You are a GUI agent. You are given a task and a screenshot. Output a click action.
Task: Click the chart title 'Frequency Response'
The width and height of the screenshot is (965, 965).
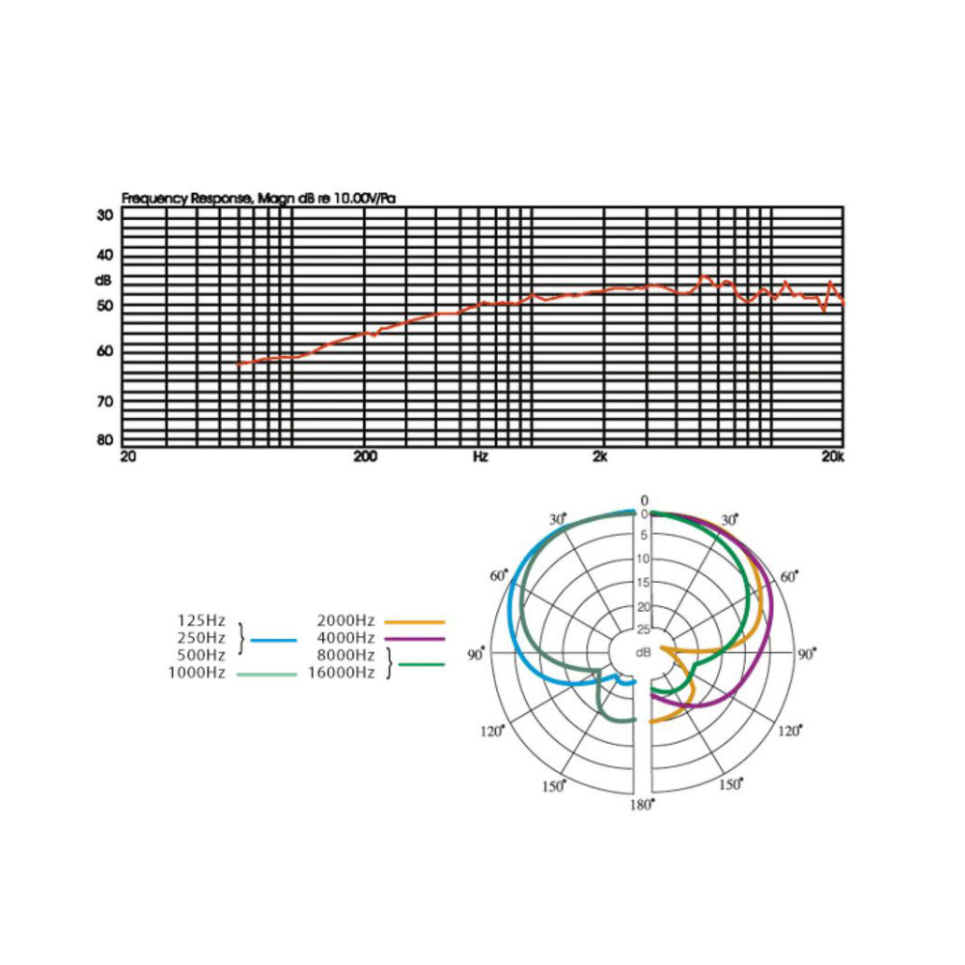(186, 199)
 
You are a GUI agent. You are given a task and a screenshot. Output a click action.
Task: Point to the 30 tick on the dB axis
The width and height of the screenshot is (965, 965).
(104, 215)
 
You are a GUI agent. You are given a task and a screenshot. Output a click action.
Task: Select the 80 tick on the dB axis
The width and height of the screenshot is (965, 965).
(104, 439)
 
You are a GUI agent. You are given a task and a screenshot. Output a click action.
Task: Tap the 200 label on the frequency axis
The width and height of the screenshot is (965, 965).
(365, 456)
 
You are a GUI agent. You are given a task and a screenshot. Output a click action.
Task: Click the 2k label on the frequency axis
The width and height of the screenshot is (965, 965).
(600, 456)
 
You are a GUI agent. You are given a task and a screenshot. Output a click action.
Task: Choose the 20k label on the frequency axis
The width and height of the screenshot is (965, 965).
(833, 456)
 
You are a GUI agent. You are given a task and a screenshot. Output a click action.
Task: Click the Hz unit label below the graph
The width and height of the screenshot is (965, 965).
(480, 456)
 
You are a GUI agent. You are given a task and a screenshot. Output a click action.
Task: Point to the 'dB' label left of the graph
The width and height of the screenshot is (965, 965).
(103, 281)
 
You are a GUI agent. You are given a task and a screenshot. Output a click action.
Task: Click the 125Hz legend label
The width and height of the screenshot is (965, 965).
(202, 620)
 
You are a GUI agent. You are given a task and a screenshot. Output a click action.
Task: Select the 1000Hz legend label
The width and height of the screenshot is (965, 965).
(197, 673)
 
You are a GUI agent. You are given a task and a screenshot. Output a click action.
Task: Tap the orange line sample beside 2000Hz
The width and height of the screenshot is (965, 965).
(414, 622)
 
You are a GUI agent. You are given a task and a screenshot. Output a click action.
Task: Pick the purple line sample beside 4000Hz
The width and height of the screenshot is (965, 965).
(414, 639)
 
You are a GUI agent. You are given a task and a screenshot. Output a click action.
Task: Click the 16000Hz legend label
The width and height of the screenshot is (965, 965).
(342, 673)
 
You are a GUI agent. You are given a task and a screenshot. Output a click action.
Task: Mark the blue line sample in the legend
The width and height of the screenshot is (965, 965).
(274, 640)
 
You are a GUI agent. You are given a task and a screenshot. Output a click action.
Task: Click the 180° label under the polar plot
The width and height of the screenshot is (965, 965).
(642, 805)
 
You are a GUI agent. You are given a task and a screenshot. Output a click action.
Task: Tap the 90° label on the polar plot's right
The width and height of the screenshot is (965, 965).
(806, 653)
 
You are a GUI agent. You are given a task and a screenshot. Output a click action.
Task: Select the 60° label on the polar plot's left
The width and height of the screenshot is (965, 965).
(499, 575)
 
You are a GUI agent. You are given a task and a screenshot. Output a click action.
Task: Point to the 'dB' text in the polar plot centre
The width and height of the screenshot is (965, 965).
(643, 652)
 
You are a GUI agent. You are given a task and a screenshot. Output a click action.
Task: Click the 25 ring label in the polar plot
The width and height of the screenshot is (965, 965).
(643, 629)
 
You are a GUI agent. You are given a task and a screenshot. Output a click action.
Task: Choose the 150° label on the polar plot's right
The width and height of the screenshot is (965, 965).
(731, 784)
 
